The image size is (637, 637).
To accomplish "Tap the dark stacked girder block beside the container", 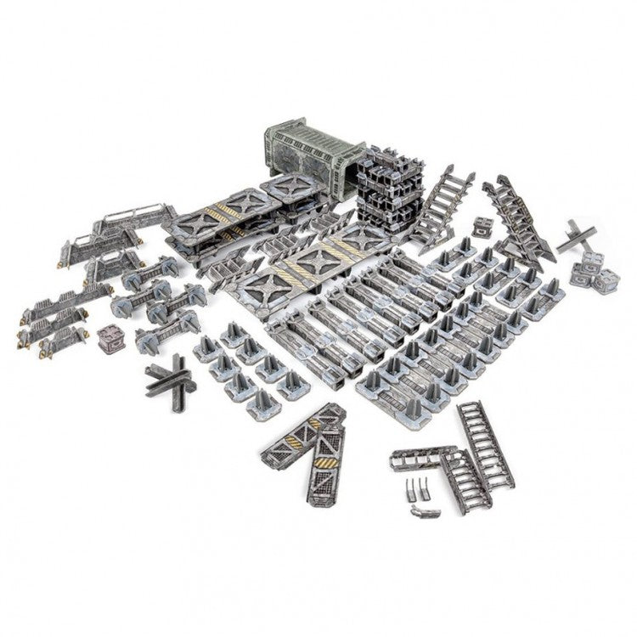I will coord(383,193).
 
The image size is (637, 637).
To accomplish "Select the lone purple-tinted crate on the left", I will coord(111,338).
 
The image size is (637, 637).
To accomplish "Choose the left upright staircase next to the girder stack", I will coord(435,209).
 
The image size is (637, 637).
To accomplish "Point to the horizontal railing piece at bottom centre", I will coord(421,459).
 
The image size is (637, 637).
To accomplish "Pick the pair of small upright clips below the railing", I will coord(414,491).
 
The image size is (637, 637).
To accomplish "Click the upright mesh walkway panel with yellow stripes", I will coord(326,464).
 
